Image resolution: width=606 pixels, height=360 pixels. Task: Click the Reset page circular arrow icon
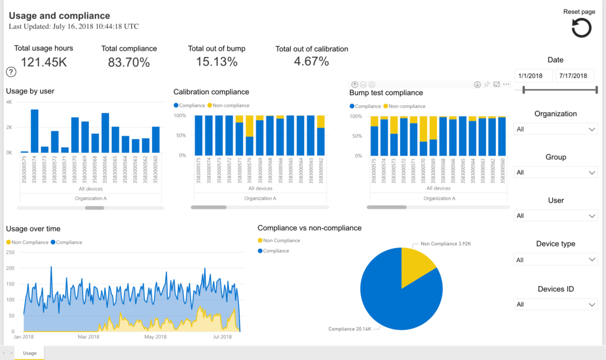pyautogui.click(x=581, y=28)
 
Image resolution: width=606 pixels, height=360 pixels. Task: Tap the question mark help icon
pyautogui.click(x=11, y=72)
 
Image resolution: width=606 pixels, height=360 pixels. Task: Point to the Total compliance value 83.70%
pyautogui.click(x=128, y=62)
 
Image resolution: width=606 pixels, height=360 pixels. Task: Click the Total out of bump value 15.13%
pyautogui.click(x=217, y=62)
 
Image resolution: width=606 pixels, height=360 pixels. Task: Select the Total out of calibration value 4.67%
pyautogui.click(x=311, y=62)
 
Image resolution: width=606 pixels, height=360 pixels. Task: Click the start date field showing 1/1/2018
pyautogui.click(x=533, y=76)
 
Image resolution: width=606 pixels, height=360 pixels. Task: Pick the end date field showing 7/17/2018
pyautogui.click(x=575, y=76)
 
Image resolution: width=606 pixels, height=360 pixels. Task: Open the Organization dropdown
pyautogui.click(x=556, y=129)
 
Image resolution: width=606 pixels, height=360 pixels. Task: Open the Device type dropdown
pyautogui.click(x=556, y=259)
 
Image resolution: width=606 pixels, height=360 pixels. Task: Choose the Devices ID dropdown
pyautogui.click(x=556, y=304)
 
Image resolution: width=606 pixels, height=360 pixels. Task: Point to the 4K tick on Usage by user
pyautogui.click(x=9, y=102)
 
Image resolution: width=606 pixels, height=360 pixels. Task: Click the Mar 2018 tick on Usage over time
pyautogui.click(x=89, y=337)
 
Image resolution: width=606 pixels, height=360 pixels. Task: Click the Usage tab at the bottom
pyautogui.click(x=29, y=353)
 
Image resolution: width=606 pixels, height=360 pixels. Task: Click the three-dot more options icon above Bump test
pyautogui.click(x=506, y=85)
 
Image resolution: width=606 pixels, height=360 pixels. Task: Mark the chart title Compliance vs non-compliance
pyautogui.click(x=310, y=228)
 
